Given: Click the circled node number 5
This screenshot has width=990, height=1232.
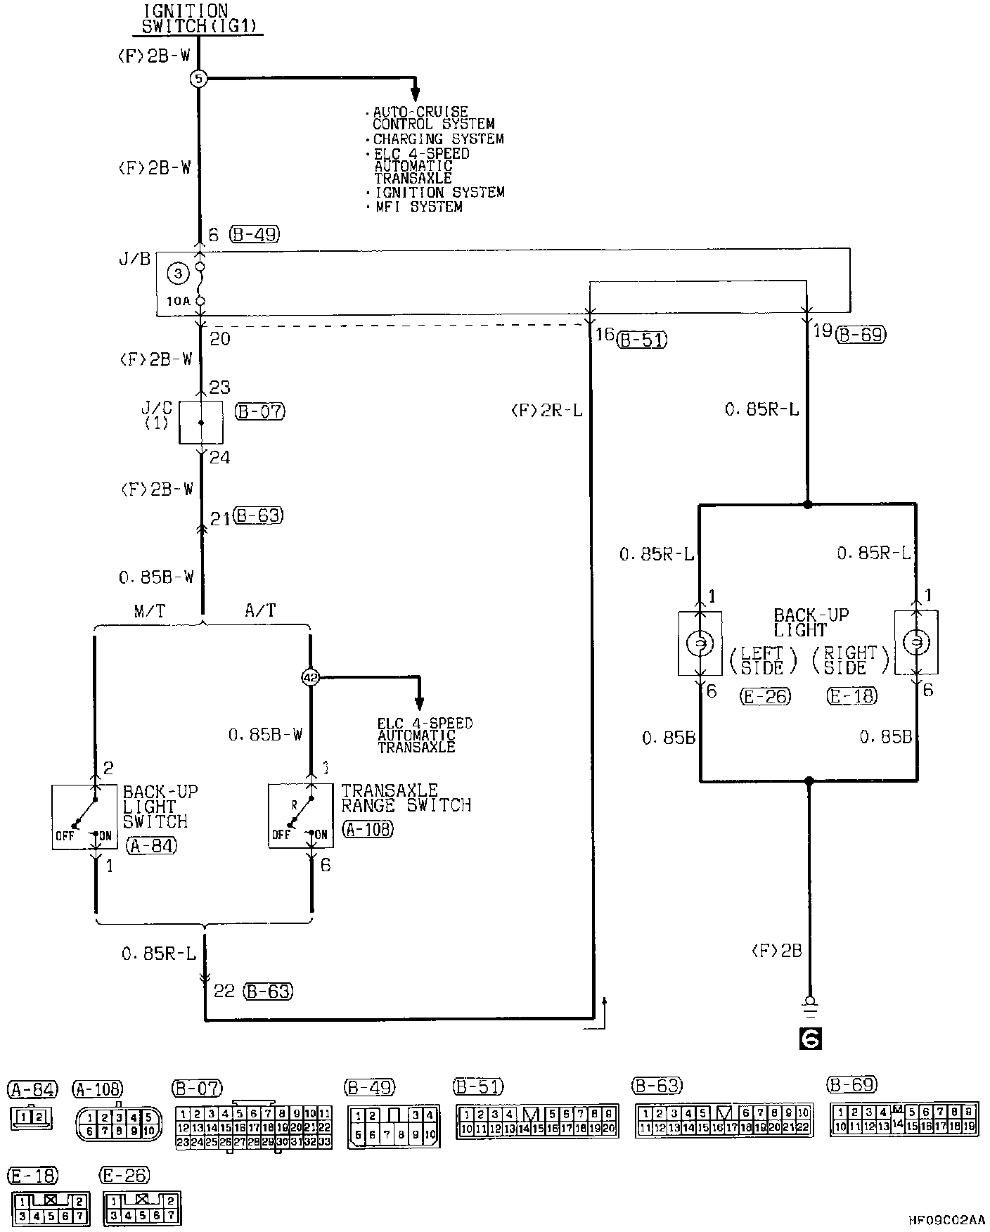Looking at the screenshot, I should pyautogui.click(x=198, y=78).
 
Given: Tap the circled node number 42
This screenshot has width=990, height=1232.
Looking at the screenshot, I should pyautogui.click(x=310, y=677).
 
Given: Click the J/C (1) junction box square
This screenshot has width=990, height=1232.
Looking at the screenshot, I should pyautogui.click(x=200, y=422).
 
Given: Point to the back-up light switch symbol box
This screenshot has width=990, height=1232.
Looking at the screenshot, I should pyautogui.click(x=75, y=817).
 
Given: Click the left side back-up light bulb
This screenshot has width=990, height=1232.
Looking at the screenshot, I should pyautogui.click(x=700, y=643).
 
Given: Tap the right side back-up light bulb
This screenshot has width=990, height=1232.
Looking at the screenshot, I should pyautogui.click(x=916, y=643).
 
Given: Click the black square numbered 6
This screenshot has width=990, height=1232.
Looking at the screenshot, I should pyautogui.click(x=810, y=1038).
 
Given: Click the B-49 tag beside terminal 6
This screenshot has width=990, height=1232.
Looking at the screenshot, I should pyautogui.click(x=254, y=234).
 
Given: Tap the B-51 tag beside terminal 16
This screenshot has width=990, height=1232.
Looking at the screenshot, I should pyautogui.click(x=641, y=340).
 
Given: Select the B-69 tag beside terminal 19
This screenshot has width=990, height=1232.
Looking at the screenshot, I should pyautogui.click(x=861, y=335).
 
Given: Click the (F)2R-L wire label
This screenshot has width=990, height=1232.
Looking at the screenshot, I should pyautogui.click(x=546, y=410).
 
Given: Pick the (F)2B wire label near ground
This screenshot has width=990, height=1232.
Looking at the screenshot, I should pyautogui.click(x=776, y=951).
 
